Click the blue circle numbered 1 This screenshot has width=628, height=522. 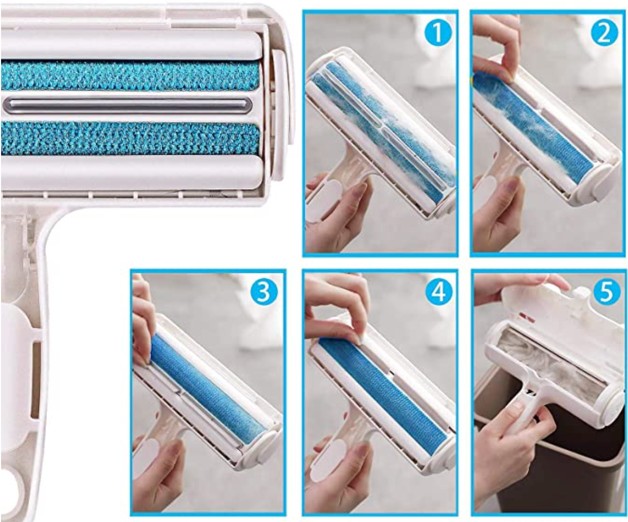tap(438, 32)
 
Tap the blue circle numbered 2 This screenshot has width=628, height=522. tap(605, 32)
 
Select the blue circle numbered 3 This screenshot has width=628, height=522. tap(264, 292)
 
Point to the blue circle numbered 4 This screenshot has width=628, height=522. tap(438, 291)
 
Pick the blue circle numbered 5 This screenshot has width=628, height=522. tap(606, 291)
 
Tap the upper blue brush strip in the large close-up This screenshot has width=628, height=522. tap(130, 76)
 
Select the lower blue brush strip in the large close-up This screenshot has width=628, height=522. tap(130, 138)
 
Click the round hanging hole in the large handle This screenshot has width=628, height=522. tap(11, 485)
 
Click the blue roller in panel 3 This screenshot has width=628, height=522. tap(207, 388)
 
